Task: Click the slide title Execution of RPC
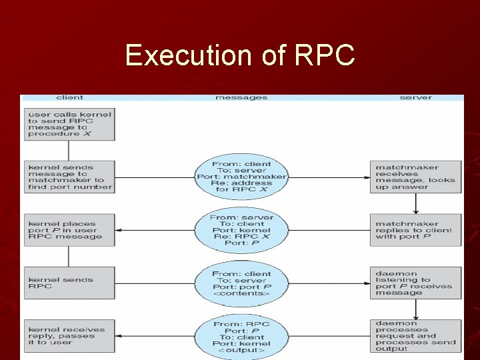240,55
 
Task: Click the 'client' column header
70,97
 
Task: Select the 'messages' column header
241,97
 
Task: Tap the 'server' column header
415,97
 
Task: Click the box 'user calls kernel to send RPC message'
70,124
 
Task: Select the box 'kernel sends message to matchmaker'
70,177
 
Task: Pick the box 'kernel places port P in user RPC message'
70,230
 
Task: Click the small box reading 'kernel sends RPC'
70,283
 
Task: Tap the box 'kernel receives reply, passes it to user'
70,336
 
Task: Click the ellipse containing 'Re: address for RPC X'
241,177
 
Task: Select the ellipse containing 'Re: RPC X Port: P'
241,230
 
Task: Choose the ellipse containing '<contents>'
241,283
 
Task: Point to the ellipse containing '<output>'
241,336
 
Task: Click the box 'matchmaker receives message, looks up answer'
415,177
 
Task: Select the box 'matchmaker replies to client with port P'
415,230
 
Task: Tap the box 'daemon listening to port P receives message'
415,283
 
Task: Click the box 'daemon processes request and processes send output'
415,336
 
